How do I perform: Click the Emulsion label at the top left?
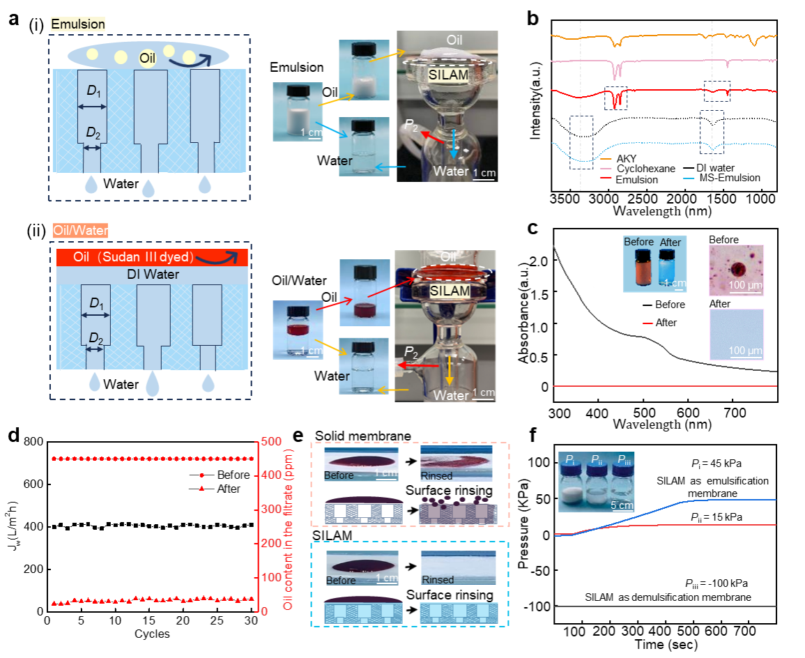click(78, 24)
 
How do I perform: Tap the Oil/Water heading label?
click(81, 230)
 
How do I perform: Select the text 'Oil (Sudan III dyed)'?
click(132, 258)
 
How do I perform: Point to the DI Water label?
click(153, 275)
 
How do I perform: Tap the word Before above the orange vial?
click(639, 242)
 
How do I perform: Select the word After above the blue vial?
click(670, 243)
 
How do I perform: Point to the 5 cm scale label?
click(622, 505)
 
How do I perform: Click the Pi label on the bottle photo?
click(570, 459)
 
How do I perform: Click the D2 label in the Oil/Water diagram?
click(95, 339)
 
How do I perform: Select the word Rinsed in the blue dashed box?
click(438, 580)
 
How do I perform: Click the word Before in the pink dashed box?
click(339, 475)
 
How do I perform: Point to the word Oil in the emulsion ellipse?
click(147, 58)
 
